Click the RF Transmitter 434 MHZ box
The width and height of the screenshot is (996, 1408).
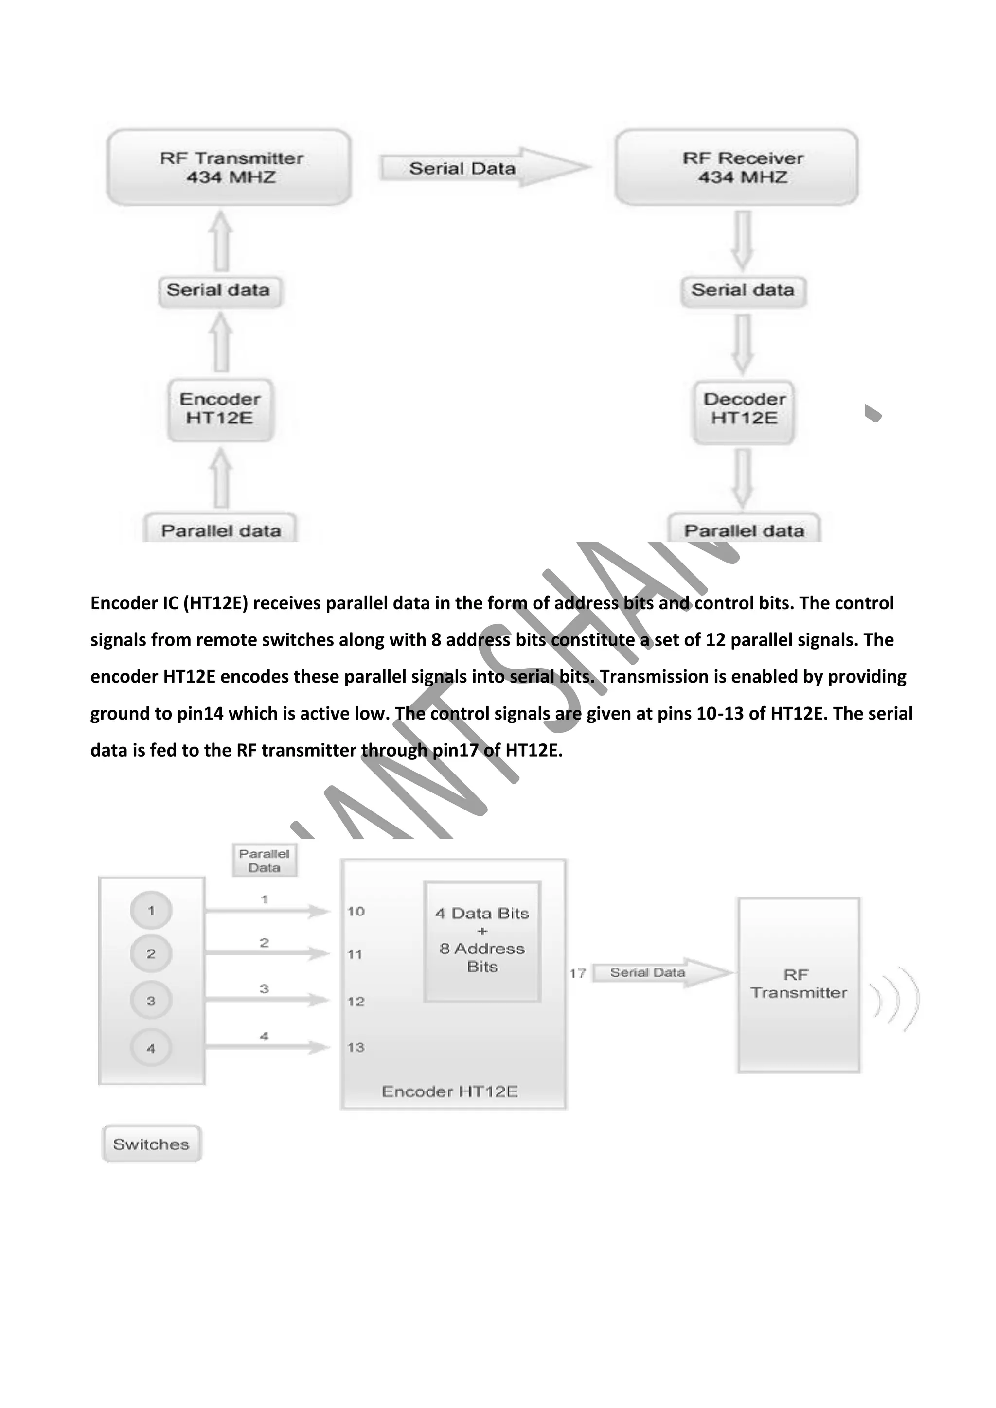pos(229,167)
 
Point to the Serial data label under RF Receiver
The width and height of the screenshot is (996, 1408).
pos(743,290)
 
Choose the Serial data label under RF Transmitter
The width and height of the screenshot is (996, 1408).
pos(219,290)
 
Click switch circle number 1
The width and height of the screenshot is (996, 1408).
pos(151,911)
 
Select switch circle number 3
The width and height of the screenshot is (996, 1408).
pos(151,1001)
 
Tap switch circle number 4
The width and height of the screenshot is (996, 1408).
pos(151,1048)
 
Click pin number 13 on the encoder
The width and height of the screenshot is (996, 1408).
pos(356,1047)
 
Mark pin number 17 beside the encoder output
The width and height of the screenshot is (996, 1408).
pos(578,973)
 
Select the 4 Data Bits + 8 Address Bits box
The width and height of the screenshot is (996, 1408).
pos(482,941)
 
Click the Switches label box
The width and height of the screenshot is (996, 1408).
pos(151,1144)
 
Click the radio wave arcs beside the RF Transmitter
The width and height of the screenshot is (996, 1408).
pos(895,998)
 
